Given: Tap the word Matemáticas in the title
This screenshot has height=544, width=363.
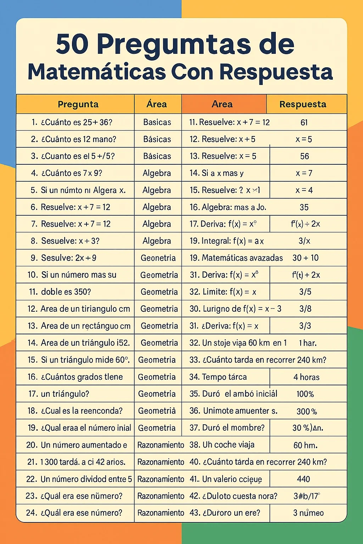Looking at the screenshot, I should (x=97, y=72).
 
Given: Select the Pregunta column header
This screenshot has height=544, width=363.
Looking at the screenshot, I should (x=78, y=104).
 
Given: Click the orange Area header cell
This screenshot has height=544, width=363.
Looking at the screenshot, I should (x=222, y=104).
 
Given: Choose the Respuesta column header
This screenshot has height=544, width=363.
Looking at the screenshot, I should (x=303, y=104).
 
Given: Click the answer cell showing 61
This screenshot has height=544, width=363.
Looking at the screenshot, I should (x=304, y=123).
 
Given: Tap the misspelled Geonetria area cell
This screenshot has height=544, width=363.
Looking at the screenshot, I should (x=158, y=258).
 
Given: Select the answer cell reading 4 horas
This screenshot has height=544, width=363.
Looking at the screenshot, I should (x=307, y=377).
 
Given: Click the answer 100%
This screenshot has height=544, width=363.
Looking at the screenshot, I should (x=305, y=394).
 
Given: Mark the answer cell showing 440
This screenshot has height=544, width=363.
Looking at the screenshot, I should (x=304, y=479).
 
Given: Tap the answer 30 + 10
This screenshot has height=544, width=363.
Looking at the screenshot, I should (x=306, y=258).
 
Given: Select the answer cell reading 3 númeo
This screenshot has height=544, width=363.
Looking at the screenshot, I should (x=308, y=513).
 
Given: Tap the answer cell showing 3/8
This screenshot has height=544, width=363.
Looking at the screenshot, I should (x=305, y=309).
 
